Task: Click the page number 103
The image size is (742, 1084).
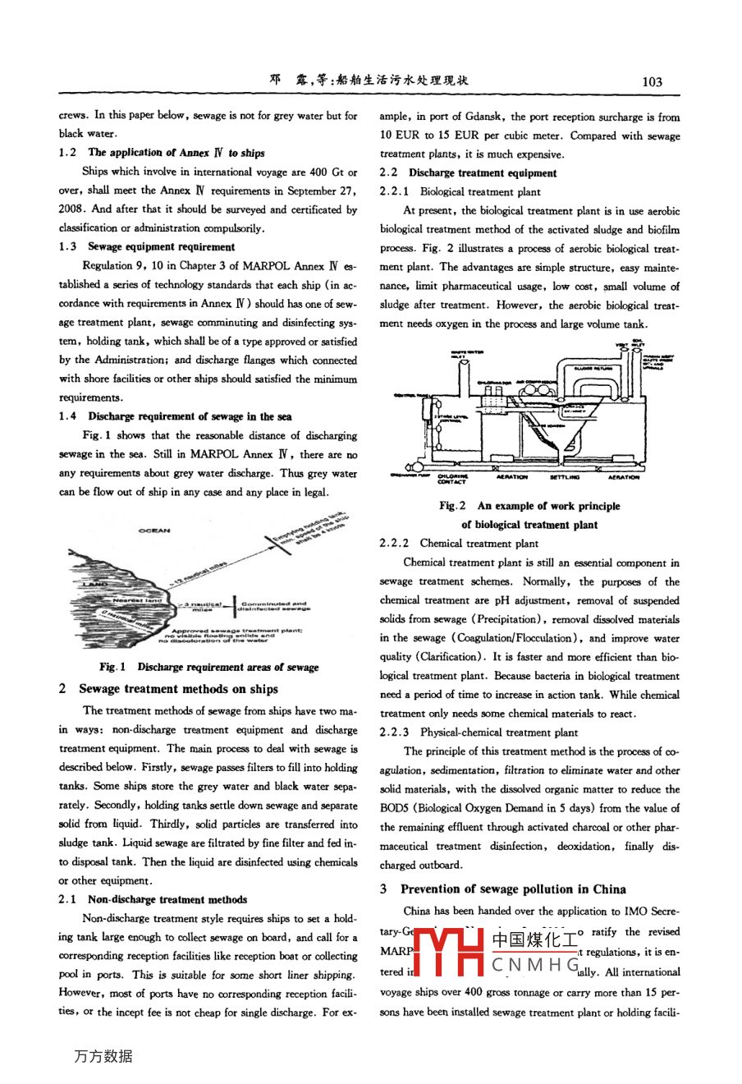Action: pyautogui.click(x=652, y=81)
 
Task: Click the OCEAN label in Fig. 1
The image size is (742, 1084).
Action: pyautogui.click(x=154, y=531)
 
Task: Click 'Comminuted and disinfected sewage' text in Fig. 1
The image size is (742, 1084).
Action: pyautogui.click(x=274, y=606)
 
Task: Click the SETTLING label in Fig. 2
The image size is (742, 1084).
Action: pyautogui.click(x=564, y=477)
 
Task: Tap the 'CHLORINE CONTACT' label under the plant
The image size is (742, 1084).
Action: pyautogui.click(x=452, y=480)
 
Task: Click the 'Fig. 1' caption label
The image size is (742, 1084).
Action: pyautogui.click(x=112, y=667)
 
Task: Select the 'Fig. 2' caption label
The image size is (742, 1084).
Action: pyautogui.click(x=452, y=506)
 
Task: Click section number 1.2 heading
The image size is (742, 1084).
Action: pyautogui.click(x=67, y=152)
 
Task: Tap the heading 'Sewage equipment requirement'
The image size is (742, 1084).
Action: pyautogui.click(x=161, y=246)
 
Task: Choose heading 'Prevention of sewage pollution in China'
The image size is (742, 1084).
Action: pyautogui.click(x=513, y=889)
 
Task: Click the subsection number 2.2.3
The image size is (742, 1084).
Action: pyautogui.click(x=394, y=732)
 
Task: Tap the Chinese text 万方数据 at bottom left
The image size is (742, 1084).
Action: pyautogui.click(x=103, y=1056)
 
